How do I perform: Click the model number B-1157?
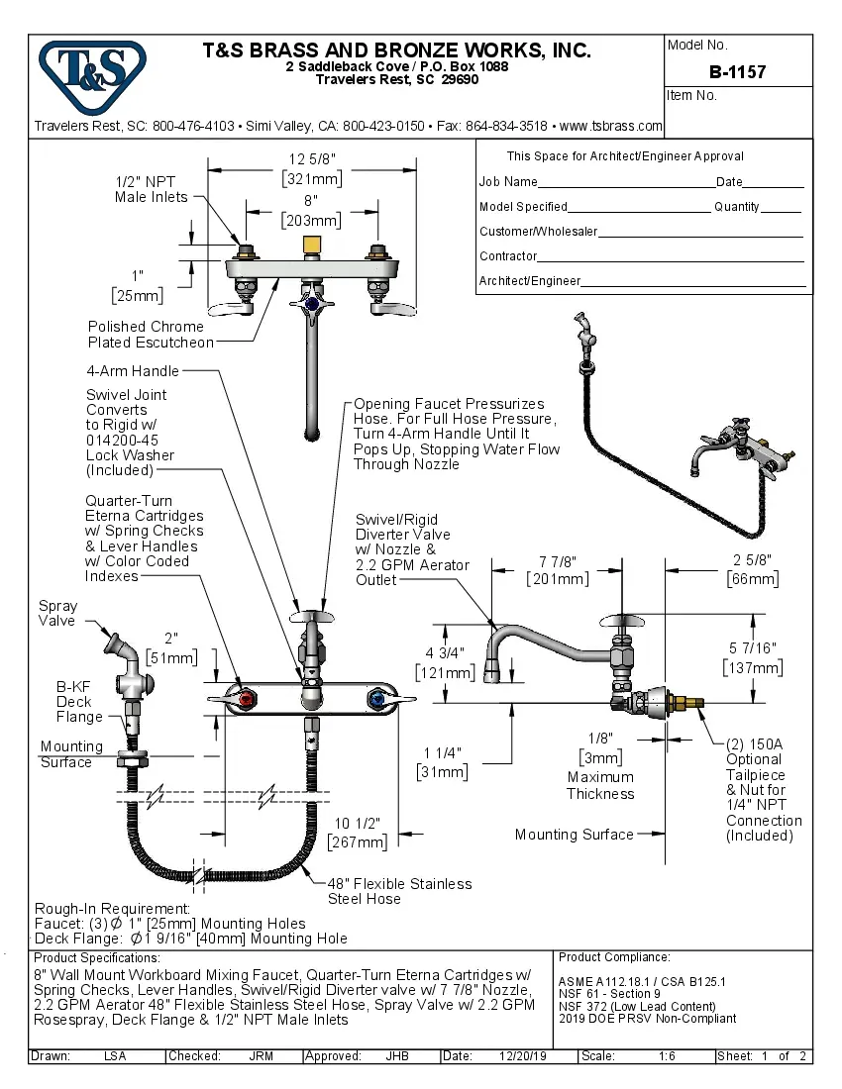coord(737,72)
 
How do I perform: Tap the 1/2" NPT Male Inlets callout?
coord(151,189)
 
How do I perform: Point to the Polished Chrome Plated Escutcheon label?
coord(150,335)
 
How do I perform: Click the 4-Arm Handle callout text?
coord(134,371)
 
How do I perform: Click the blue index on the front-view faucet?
coord(375,700)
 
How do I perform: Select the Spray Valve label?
coord(56,613)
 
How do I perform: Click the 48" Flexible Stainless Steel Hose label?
coord(399,891)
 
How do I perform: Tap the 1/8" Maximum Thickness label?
coord(600,765)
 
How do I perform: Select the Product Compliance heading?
coord(614,957)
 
